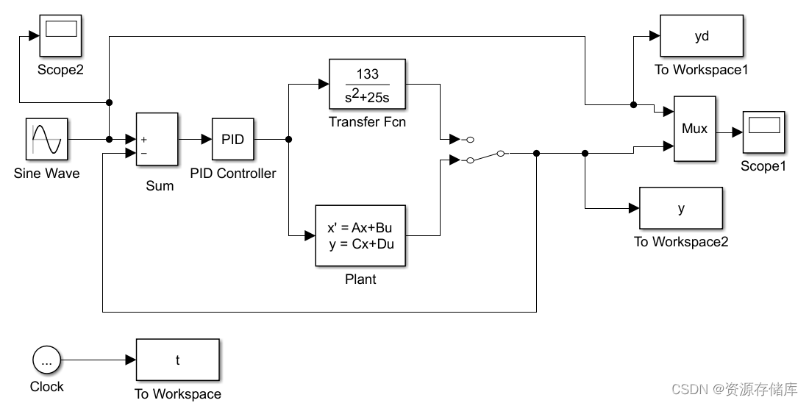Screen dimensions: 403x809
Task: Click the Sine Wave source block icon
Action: click(x=47, y=139)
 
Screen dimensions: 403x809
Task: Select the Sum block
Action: click(x=157, y=139)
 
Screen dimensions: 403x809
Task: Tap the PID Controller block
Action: click(x=232, y=139)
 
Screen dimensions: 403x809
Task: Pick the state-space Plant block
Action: click(x=360, y=235)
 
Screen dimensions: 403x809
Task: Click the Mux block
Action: click(x=695, y=129)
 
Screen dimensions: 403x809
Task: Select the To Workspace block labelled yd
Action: click(x=702, y=35)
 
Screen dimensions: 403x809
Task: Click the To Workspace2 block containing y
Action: click(x=681, y=208)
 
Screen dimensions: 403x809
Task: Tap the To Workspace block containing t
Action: click(x=177, y=360)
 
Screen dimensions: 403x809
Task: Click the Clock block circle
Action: click(x=47, y=360)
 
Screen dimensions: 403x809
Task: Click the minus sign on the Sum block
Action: click(x=143, y=154)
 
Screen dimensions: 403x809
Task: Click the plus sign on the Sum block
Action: click(x=143, y=140)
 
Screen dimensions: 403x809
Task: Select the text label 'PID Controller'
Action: click(x=232, y=174)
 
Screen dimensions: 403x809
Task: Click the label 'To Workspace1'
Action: click(x=701, y=70)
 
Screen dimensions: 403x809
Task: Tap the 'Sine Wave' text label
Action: click(x=46, y=174)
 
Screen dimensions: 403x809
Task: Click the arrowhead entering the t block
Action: click(x=131, y=360)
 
